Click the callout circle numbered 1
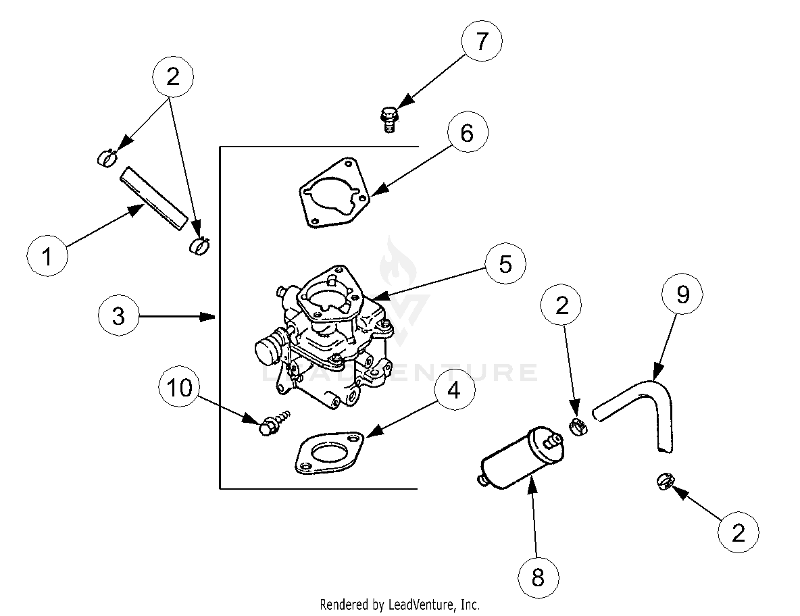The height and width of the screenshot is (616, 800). [47, 257]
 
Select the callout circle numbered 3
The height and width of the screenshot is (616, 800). [119, 315]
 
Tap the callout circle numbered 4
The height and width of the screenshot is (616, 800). [454, 390]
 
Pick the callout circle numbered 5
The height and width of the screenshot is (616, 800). [505, 264]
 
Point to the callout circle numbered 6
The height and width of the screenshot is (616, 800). [468, 134]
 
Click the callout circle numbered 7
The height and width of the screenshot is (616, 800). [481, 42]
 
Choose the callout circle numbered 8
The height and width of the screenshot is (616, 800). [539, 578]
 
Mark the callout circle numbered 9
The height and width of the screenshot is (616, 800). [682, 295]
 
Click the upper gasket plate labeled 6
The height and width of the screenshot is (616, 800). [334, 193]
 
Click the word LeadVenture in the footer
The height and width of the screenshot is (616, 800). [415, 604]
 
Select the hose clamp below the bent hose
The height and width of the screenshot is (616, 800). [664, 482]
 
